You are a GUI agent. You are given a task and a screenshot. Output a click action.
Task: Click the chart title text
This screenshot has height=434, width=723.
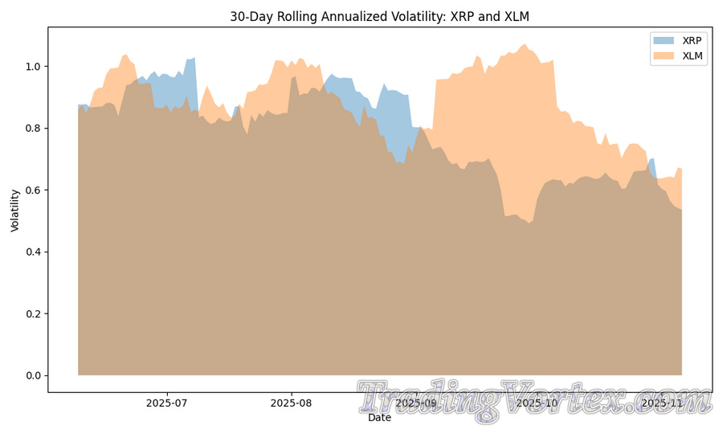pos(379,16)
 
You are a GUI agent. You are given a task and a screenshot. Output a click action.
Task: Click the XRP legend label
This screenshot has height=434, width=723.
pos(692,40)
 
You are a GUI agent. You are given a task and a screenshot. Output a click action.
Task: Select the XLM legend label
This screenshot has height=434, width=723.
pos(692,55)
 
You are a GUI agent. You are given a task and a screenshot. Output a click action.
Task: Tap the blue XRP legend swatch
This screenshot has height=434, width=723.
pos(664,40)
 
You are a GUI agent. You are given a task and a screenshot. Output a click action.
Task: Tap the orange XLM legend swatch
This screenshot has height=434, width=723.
pos(664,55)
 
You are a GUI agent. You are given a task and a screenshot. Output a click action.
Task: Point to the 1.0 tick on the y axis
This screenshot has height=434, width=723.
pos(34,66)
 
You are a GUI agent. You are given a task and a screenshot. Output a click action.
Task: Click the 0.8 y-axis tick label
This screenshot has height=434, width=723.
pos(34,128)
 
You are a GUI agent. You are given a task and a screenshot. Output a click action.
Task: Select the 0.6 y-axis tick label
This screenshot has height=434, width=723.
pos(34,190)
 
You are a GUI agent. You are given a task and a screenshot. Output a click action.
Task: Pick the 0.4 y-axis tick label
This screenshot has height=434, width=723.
pos(34,252)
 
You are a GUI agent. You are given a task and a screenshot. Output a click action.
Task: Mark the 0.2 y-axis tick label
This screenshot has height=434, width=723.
pos(34,313)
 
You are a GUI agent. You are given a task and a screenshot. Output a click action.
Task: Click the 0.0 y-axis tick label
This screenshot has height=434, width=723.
pos(34,375)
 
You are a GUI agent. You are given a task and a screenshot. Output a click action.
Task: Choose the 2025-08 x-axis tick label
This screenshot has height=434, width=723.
pos(292,403)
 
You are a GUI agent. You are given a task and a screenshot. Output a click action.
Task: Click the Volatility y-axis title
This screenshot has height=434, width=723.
pos(14,210)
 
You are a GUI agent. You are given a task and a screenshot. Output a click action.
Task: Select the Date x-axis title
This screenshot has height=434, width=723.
pos(379,418)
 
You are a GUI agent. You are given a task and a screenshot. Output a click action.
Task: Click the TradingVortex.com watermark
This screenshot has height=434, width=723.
pos(534,399)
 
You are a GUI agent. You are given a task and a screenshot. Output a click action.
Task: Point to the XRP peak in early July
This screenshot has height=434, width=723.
pos(194,58)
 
